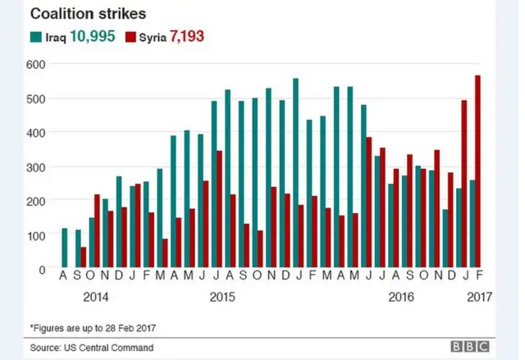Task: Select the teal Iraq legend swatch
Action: [x=36, y=36]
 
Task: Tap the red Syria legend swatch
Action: [x=130, y=36]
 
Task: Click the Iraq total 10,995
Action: [x=92, y=36]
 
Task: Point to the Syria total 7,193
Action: [x=186, y=36]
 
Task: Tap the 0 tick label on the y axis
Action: [x=42, y=268]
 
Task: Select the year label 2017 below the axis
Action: [x=477, y=296]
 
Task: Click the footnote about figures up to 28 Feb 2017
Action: [x=93, y=328]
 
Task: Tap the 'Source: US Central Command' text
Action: [x=92, y=349]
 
